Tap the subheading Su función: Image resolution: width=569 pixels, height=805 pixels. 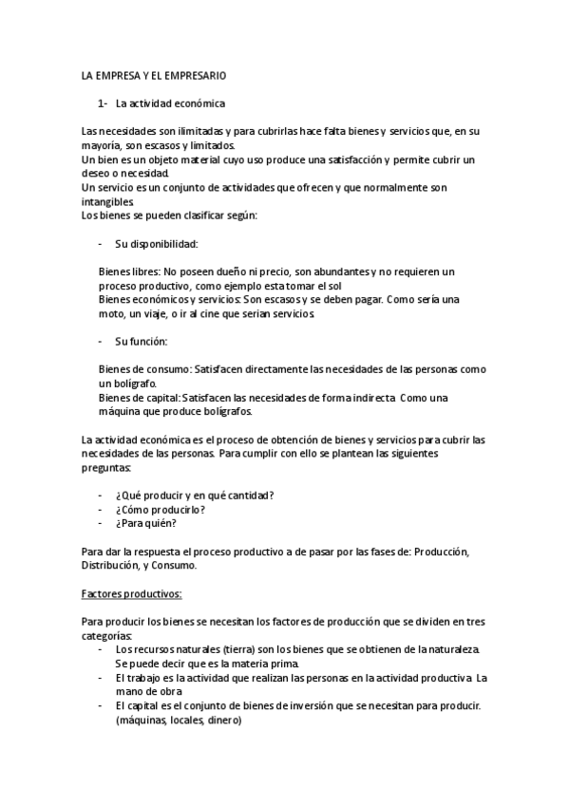pos(141,341)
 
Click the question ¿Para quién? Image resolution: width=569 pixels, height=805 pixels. pos(145,522)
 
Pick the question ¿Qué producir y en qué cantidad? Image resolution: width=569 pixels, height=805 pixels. pos(195,495)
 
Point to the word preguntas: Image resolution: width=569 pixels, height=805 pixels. pos(107,468)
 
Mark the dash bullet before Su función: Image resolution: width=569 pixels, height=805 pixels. pos(102,341)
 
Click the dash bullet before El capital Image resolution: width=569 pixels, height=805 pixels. pos(102,705)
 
